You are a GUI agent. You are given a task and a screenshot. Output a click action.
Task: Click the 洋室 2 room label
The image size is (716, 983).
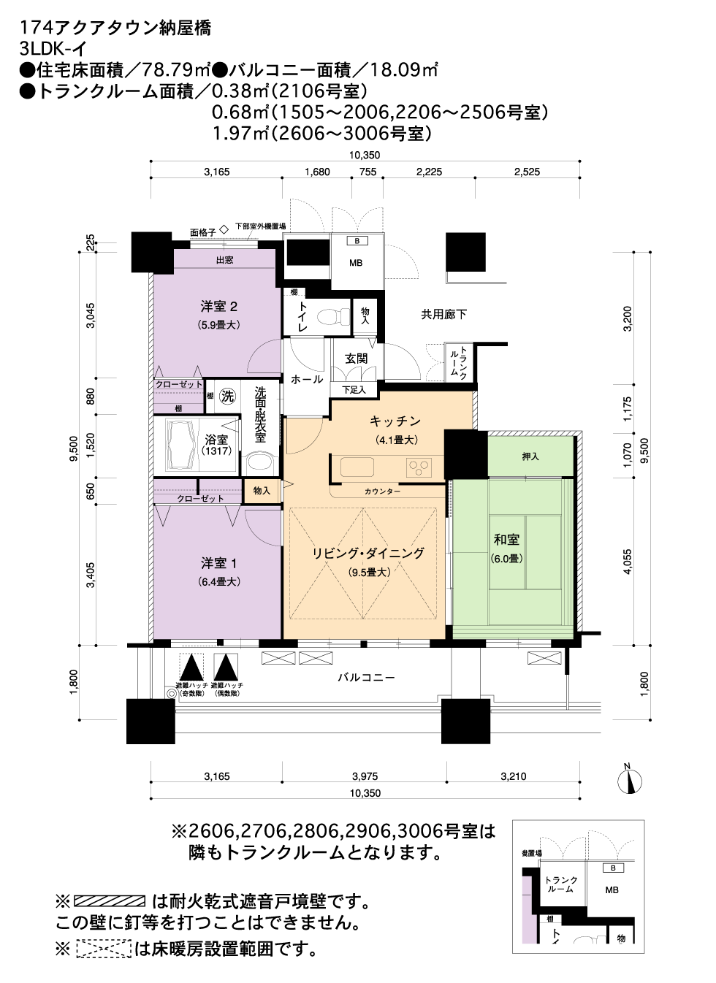(x=218, y=306)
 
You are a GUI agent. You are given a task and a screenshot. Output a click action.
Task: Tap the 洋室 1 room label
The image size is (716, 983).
(x=218, y=563)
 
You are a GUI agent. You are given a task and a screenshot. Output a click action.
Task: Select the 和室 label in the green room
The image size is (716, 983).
(x=506, y=540)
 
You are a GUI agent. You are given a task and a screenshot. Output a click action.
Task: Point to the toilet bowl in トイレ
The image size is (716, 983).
(x=332, y=315)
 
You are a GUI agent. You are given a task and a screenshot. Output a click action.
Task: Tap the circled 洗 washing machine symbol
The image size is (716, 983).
(x=227, y=397)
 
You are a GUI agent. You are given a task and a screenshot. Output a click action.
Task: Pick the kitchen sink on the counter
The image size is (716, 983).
(x=357, y=467)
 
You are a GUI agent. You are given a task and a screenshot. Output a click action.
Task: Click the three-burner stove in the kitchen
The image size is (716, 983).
(x=419, y=467)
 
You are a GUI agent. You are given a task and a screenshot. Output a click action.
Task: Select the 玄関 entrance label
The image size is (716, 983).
(x=356, y=359)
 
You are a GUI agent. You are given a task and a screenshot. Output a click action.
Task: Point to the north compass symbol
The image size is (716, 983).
(x=630, y=781)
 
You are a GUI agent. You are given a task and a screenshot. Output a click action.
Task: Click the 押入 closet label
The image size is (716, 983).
(x=530, y=456)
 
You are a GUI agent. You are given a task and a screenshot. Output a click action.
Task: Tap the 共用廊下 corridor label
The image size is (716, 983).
(x=443, y=314)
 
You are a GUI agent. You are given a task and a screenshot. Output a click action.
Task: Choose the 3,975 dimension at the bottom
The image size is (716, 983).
(x=365, y=776)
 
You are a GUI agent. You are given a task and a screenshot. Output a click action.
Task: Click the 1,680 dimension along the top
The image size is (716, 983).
(x=317, y=172)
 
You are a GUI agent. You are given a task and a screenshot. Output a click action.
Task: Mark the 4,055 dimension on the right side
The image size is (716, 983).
(x=628, y=562)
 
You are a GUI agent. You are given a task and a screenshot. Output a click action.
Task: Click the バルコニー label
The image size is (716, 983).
(x=366, y=678)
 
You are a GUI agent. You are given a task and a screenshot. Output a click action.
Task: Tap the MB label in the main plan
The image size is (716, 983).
(x=356, y=263)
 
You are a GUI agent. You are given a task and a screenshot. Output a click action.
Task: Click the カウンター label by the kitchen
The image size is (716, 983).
(x=382, y=491)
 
